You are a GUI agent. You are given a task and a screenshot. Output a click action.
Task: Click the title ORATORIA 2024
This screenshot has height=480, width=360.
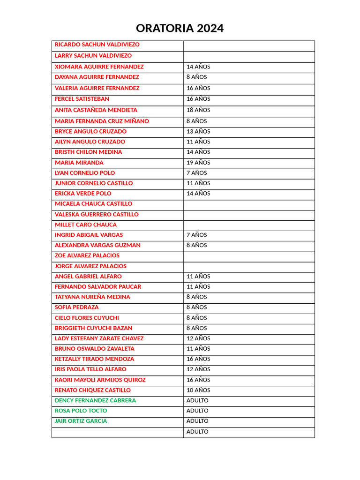(180, 28)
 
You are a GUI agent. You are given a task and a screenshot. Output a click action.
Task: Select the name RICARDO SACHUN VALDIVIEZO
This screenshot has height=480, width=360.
(97, 45)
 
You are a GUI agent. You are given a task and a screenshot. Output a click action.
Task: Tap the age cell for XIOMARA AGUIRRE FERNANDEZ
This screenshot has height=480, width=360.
(198, 67)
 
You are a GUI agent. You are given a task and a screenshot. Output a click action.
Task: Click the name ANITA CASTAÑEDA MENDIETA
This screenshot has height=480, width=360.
(96, 110)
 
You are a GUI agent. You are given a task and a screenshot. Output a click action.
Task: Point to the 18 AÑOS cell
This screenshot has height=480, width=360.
(198, 110)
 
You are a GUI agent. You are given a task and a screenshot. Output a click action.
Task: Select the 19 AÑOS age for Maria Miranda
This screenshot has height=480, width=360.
(198, 163)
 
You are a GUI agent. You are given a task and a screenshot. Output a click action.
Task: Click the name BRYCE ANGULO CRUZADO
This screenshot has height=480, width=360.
(90, 132)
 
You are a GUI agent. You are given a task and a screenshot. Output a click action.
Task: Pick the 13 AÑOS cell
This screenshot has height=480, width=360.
(198, 132)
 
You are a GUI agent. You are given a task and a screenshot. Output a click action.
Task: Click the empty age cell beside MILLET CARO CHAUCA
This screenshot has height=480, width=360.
(248, 225)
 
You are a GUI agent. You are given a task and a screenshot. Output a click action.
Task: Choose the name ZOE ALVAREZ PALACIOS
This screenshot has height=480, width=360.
(87, 255)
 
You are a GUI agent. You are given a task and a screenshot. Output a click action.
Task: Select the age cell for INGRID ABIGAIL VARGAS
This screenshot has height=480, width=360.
(196, 235)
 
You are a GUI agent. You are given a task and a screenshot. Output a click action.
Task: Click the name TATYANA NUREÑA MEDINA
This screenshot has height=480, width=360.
(92, 297)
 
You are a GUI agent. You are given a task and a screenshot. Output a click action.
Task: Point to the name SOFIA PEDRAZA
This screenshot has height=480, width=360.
(77, 307)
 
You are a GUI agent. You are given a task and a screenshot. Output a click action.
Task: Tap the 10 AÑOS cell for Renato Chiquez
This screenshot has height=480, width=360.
(198, 390)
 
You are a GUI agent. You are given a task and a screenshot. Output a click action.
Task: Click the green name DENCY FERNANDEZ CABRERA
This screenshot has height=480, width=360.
(95, 400)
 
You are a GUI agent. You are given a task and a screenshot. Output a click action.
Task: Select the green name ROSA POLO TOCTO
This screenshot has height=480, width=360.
(81, 411)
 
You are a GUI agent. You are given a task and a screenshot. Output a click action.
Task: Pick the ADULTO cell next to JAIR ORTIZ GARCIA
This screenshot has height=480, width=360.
(197, 421)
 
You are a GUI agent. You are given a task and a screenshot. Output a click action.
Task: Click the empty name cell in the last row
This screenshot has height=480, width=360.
(117, 432)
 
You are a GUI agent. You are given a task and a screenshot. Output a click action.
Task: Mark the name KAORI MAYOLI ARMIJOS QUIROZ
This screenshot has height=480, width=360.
(100, 380)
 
